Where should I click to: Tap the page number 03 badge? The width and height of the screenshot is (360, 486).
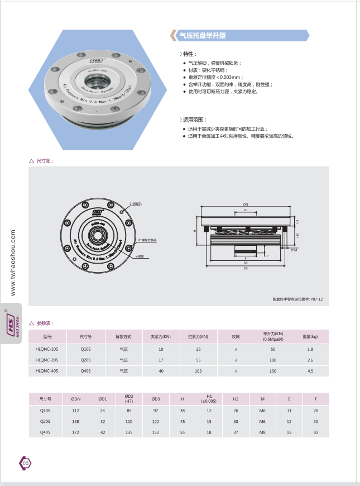[25, 463]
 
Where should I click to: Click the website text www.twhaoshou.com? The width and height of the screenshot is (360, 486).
[12, 263]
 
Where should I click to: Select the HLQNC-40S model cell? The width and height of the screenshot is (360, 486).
[47, 370]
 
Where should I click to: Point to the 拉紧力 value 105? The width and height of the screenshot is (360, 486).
[198, 370]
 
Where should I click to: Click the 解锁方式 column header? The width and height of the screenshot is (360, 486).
[123, 337]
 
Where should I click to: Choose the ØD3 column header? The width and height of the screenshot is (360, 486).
[156, 399]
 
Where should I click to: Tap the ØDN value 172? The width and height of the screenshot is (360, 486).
[76, 432]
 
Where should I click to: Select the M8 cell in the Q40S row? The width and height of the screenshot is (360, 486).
[262, 432]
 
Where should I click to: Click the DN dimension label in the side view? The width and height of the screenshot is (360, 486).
[245, 204]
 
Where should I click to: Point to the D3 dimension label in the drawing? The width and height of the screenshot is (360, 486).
[245, 268]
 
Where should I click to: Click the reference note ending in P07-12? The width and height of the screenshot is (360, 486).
[297, 299]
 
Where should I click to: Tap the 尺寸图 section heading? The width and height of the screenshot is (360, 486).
[44, 160]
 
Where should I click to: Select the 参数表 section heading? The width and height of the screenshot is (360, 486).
[44, 323]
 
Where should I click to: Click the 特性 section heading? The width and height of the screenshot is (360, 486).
[189, 54]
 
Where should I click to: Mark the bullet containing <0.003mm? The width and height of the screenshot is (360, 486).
[214, 77]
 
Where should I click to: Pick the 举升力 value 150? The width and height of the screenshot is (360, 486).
[273, 370]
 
